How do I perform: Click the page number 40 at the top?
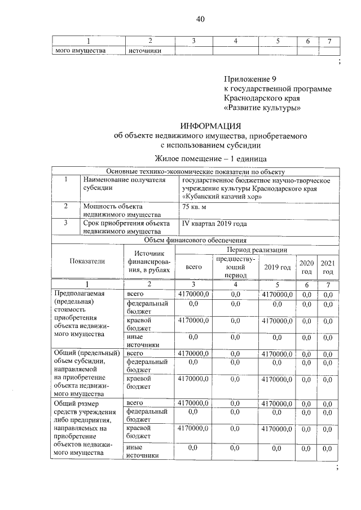200,19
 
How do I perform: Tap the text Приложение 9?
250,78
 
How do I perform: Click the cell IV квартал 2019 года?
214,224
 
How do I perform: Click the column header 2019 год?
277,267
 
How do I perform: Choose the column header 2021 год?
328,267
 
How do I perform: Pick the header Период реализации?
257,249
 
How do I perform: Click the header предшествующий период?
235,267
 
